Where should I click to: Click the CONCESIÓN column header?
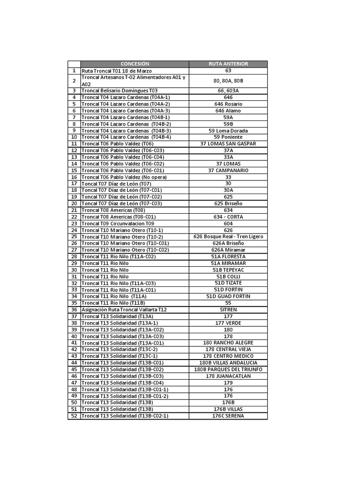click(135, 64)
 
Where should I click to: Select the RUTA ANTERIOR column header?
click(228, 64)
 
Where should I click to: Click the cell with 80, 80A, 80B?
click(228, 81)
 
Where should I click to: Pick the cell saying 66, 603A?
click(228, 90)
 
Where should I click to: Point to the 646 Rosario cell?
click(228, 104)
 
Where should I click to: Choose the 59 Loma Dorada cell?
click(228, 131)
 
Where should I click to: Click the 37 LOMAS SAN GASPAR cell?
click(228, 144)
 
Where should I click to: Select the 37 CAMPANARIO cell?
click(228, 171)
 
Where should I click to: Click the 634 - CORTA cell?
click(228, 217)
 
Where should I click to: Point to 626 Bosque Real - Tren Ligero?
click(228, 237)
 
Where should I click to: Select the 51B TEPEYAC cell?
click(228, 270)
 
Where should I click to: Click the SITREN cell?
click(228, 310)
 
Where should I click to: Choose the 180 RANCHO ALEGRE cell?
click(228, 343)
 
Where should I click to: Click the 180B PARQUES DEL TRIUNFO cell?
click(228, 369)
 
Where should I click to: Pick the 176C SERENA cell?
click(228, 416)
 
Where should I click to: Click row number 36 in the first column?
click(74, 310)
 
